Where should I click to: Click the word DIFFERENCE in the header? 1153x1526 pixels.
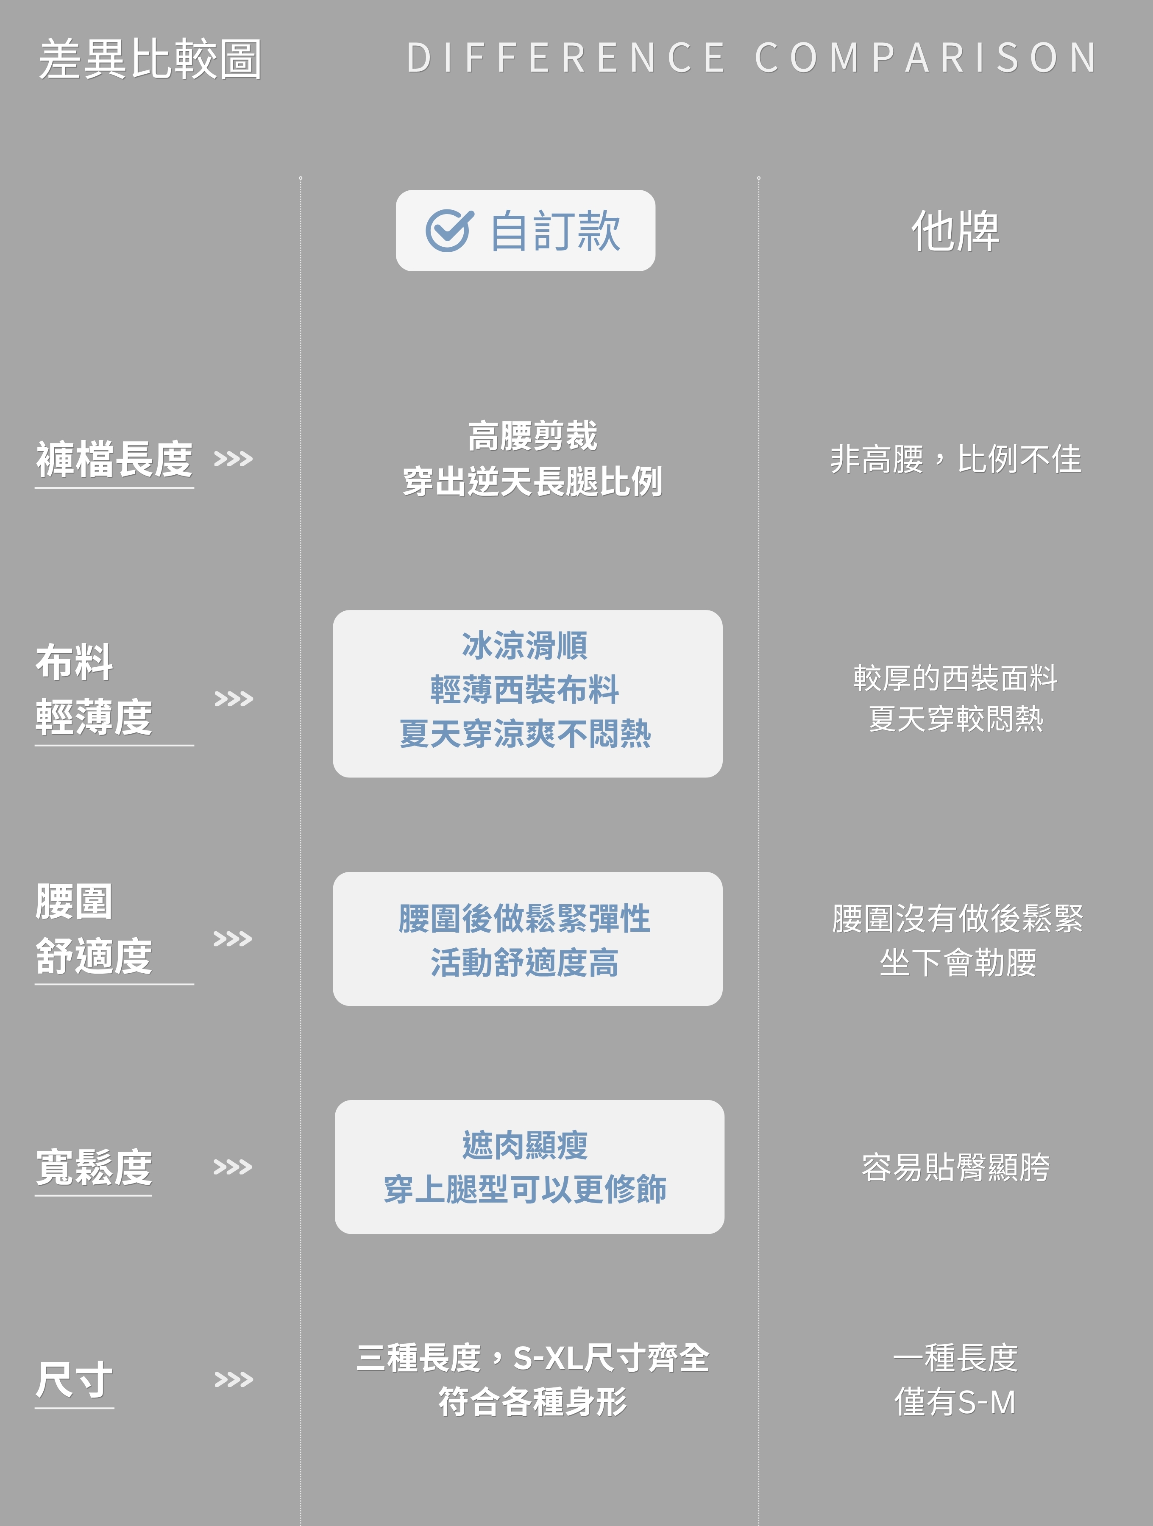click(x=566, y=57)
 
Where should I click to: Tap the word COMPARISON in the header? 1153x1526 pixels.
click(x=925, y=57)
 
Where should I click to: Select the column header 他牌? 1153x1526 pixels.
click(x=955, y=231)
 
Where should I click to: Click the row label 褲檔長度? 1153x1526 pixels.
click(x=114, y=459)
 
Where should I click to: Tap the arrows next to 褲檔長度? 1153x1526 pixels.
click(x=233, y=459)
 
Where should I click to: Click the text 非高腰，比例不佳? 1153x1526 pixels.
click(x=955, y=459)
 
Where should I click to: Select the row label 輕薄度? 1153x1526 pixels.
click(x=94, y=718)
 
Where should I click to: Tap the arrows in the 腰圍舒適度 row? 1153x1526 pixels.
click(x=233, y=939)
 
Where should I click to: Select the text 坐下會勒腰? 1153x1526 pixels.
click(x=958, y=962)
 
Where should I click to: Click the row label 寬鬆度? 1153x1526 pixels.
click(x=94, y=1167)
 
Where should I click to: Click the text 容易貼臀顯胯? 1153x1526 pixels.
click(x=955, y=1167)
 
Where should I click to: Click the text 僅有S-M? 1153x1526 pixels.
click(x=955, y=1402)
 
